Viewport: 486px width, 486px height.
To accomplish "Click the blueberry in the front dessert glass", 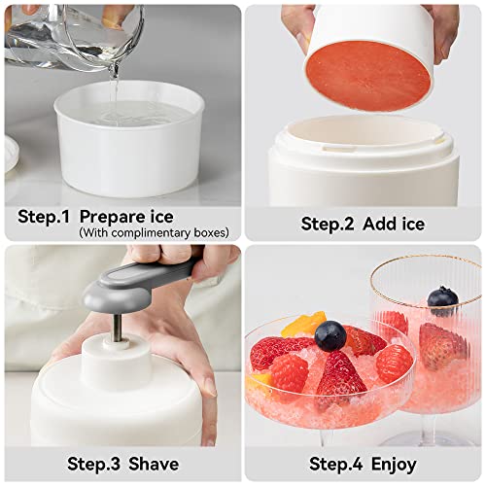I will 330,335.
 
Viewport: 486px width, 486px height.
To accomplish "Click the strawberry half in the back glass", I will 441,345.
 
